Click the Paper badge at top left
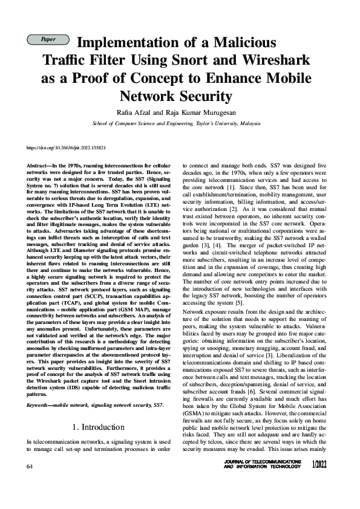48,39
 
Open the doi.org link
67,148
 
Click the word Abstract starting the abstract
39,165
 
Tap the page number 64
30,467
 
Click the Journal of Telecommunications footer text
262,462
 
